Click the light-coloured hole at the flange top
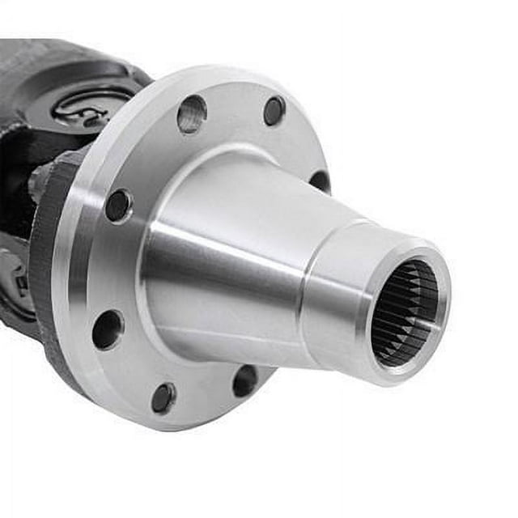192,113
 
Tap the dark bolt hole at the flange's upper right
274,110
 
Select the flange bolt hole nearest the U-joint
118,205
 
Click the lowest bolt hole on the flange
163,397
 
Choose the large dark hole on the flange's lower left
108,329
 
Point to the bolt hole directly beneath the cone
245,380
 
